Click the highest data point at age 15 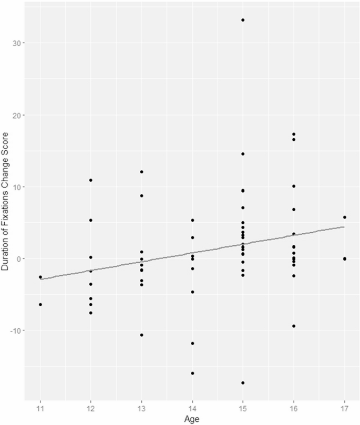click(243, 20)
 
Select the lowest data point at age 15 click(243, 382)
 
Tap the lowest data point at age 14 click(192, 373)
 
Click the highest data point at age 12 click(90, 180)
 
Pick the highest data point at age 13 click(141, 172)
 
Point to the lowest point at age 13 click(141, 335)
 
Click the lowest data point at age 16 click(294, 326)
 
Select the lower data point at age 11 click(40, 304)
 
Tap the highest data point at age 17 click(345, 217)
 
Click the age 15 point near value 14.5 click(243, 154)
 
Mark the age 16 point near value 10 click(294, 186)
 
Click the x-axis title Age click(192, 419)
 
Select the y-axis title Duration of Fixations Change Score click(6, 210)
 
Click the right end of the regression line click(345, 227)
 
